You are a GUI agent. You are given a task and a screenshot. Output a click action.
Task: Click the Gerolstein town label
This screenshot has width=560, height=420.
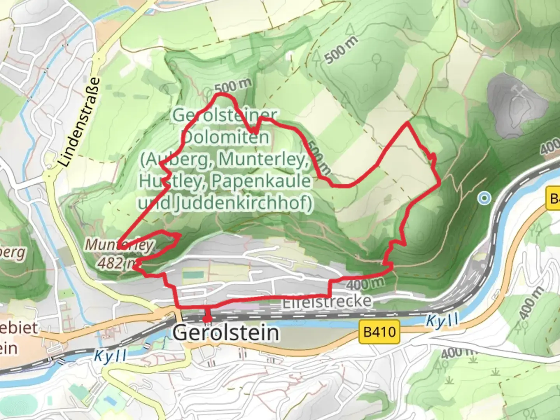[226, 333]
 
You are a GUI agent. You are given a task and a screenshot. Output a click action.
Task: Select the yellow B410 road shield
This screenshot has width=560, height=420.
[380, 332]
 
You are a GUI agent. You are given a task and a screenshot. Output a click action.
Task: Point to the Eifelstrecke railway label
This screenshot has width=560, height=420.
[327, 301]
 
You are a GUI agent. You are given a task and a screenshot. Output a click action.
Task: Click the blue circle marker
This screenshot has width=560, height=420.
[484, 198]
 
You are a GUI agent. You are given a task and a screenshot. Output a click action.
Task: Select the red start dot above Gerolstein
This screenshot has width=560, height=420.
[207, 319]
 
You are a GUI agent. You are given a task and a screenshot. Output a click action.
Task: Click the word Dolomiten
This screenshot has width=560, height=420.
[225, 137]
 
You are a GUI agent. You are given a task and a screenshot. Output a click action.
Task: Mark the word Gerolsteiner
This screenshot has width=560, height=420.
[225, 115]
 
